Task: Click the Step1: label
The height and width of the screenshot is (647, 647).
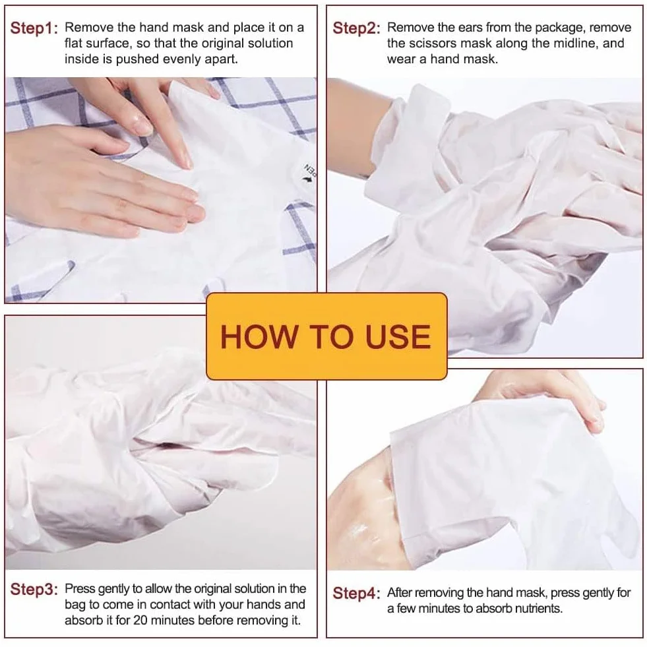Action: [x=34, y=28]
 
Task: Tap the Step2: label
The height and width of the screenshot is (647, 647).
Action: [x=357, y=28]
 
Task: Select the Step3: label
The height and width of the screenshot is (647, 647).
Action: [x=34, y=589]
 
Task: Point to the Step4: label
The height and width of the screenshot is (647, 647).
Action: [x=357, y=594]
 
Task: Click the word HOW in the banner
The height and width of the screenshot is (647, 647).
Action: [x=259, y=337]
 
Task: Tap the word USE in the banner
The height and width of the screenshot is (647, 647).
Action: [x=398, y=337]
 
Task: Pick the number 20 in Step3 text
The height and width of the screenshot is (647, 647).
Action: [x=140, y=620]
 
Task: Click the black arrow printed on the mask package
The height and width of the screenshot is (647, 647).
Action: [x=306, y=179]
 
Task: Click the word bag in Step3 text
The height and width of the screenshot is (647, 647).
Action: [x=75, y=605]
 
